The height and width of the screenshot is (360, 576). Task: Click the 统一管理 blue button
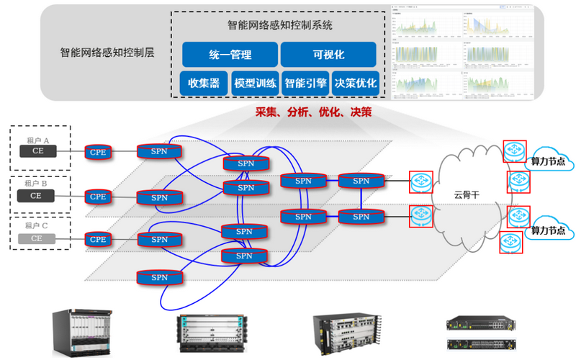[230, 55]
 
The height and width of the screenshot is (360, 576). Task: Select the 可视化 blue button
[328, 55]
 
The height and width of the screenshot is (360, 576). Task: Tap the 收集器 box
[204, 83]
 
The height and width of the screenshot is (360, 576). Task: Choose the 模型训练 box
[255, 83]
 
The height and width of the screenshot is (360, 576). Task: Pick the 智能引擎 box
[305, 83]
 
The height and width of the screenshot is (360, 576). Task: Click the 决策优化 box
[356, 83]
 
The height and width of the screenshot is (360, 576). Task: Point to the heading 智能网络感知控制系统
[280, 25]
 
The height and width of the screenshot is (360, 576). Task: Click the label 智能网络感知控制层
[107, 53]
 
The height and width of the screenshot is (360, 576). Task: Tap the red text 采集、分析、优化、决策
[313, 112]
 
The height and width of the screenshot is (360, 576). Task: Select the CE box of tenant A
[37, 151]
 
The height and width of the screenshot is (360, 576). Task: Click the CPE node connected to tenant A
[98, 151]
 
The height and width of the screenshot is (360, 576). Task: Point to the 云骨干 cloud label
[466, 194]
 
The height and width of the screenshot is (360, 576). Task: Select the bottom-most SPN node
[160, 277]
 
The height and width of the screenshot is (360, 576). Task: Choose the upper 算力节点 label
[548, 161]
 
